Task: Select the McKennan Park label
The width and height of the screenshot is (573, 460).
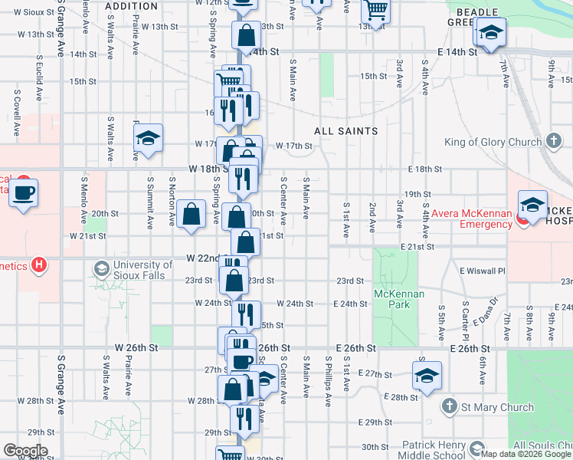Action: click(x=392, y=299)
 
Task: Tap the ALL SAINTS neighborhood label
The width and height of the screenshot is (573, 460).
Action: click(x=346, y=131)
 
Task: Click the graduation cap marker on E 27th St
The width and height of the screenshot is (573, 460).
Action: click(x=427, y=376)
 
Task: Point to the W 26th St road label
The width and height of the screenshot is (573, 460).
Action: click(x=136, y=347)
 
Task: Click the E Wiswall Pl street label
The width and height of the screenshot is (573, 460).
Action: click(x=483, y=271)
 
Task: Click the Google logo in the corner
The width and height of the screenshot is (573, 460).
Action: click(x=25, y=451)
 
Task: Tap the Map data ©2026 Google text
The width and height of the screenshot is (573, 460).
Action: click(x=526, y=454)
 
